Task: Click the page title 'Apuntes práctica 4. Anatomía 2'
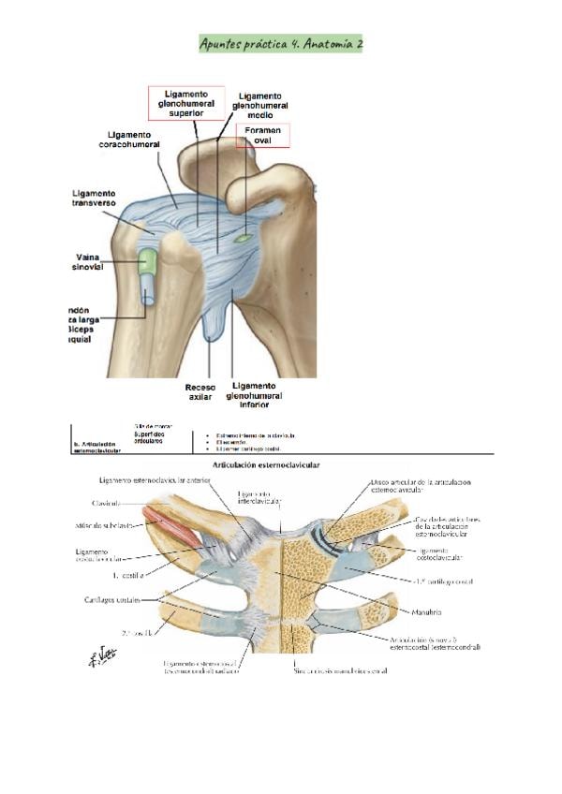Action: [281, 43]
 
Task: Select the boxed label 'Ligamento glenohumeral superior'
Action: [186, 104]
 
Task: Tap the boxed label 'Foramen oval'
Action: [262, 135]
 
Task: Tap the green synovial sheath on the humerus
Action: [147, 262]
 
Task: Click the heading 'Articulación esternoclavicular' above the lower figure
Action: [281, 464]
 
